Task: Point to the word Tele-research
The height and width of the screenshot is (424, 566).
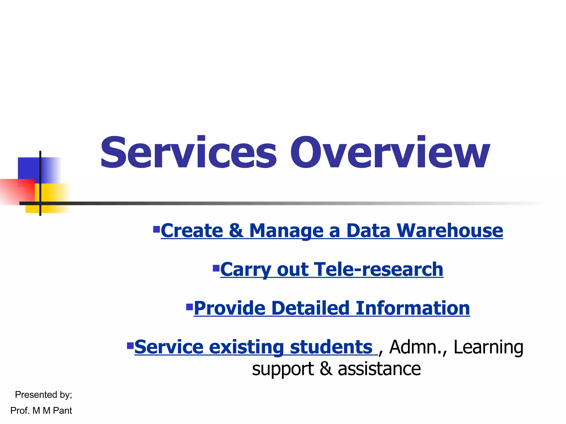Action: (379, 269)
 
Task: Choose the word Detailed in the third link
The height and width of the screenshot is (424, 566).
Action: (310, 308)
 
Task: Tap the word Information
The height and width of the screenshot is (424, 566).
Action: (413, 308)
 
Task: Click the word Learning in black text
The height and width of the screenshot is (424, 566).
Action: (488, 348)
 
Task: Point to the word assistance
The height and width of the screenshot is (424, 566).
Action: (379, 369)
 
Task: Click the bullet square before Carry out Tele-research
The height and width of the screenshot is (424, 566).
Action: (216, 268)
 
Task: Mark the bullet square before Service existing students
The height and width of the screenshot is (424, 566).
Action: (130, 346)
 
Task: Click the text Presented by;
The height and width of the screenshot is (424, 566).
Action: (43, 395)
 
